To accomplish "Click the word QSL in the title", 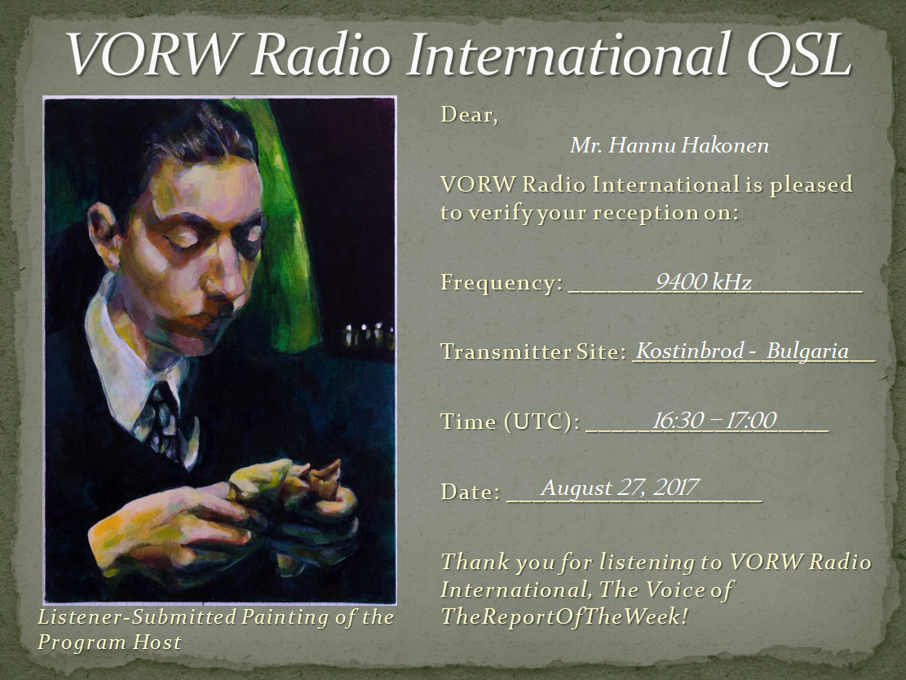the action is (798, 55).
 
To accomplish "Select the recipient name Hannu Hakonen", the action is (689, 145).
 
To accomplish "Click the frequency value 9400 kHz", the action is (704, 282).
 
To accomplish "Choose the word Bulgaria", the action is (808, 351).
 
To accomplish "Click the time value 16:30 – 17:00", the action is (714, 420).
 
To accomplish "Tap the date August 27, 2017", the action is (620, 488).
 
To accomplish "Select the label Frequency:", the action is (502, 282).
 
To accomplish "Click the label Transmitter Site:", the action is (533, 351).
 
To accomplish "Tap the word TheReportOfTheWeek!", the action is (564, 616).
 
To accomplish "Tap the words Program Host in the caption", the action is (109, 642).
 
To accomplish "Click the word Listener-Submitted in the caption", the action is (136, 617).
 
